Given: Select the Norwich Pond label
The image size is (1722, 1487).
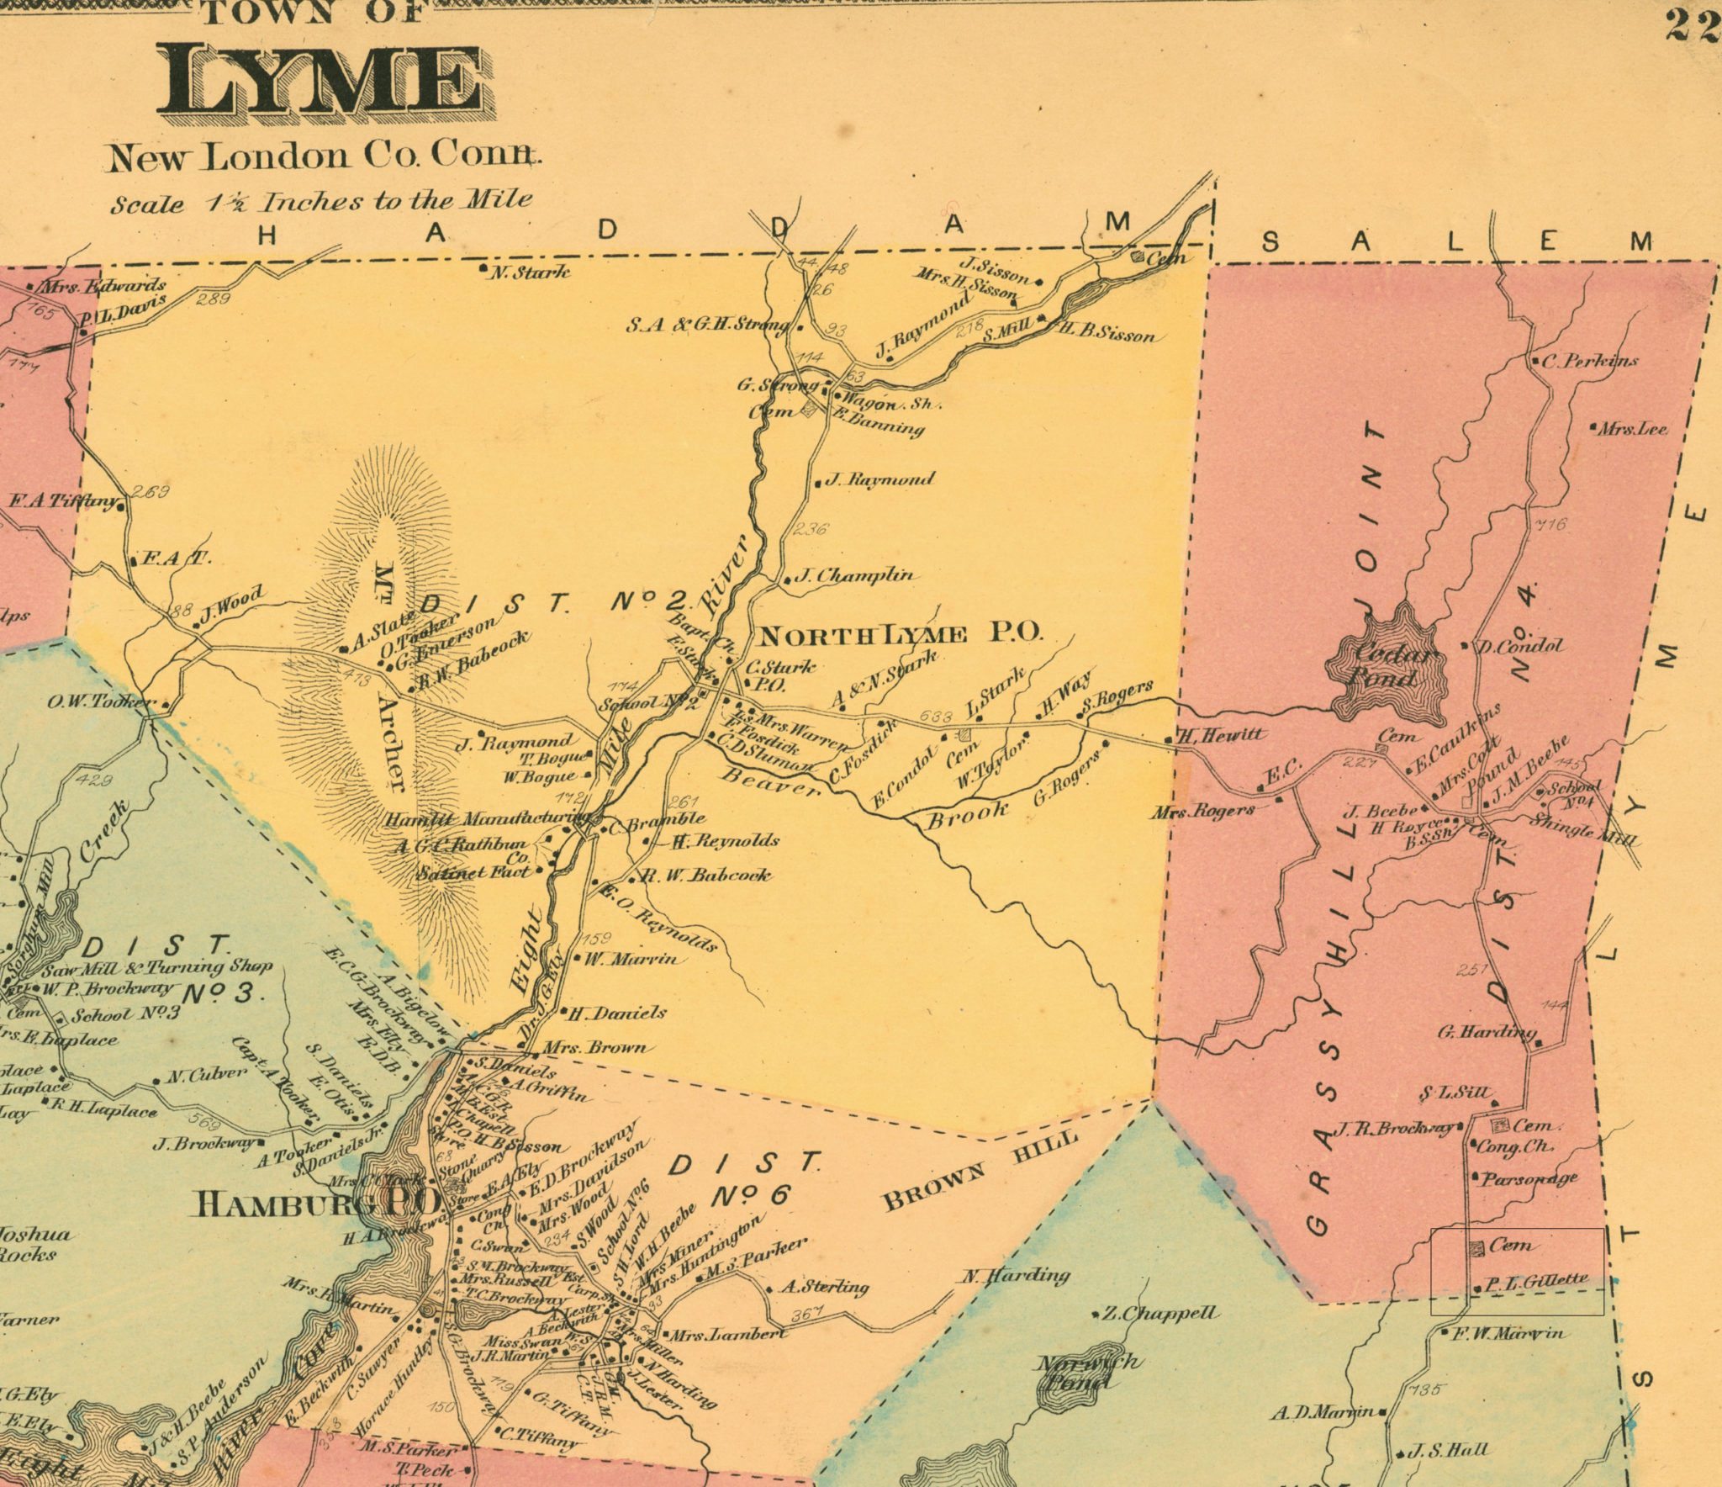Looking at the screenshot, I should tap(1089, 1372).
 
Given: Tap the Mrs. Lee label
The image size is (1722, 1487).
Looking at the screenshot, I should tap(1632, 428).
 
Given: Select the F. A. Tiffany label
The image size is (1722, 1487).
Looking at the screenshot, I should tap(63, 502).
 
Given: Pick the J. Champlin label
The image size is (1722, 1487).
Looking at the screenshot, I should tap(853, 576).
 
